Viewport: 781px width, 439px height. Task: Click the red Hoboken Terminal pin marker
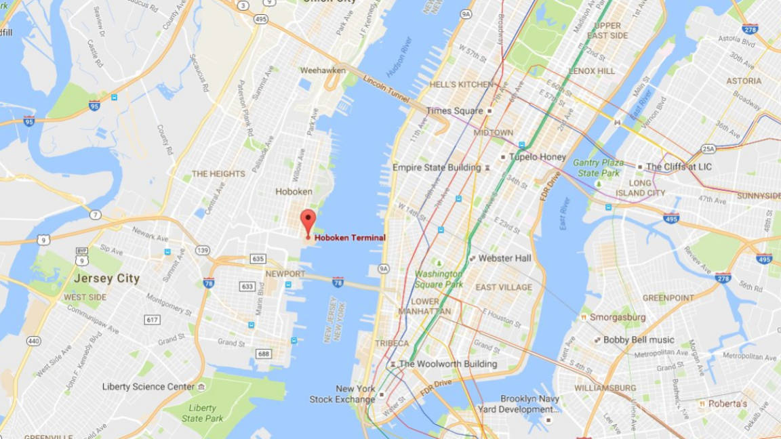(x=308, y=222)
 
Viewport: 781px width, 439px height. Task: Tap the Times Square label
(x=454, y=110)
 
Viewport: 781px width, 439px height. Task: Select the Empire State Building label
(x=437, y=167)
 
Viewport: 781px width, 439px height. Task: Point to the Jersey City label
(x=106, y=278)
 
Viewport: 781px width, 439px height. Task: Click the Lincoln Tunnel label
(x=386, y=89)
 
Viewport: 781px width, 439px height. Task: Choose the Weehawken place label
(x=323, y=70)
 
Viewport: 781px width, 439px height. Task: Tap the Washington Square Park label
(x=439, y=279)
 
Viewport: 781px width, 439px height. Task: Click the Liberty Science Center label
(x=148, y=387)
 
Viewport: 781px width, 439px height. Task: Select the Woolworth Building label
(x=448, y=364)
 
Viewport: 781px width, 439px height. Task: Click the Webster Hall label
(x=504, y=258)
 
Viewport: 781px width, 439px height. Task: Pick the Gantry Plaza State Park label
(x=598, y=168)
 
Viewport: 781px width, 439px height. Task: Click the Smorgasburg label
(x=618, y=317)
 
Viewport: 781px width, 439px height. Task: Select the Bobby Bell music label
(x=639, y=339)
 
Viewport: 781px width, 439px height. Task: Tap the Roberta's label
(x=727, y=404)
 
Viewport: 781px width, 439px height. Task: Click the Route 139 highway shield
(x=202, y=251)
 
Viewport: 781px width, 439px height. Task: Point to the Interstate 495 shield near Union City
(x=260, y=19)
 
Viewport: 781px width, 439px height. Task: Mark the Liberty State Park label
(x=203, y=413)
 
